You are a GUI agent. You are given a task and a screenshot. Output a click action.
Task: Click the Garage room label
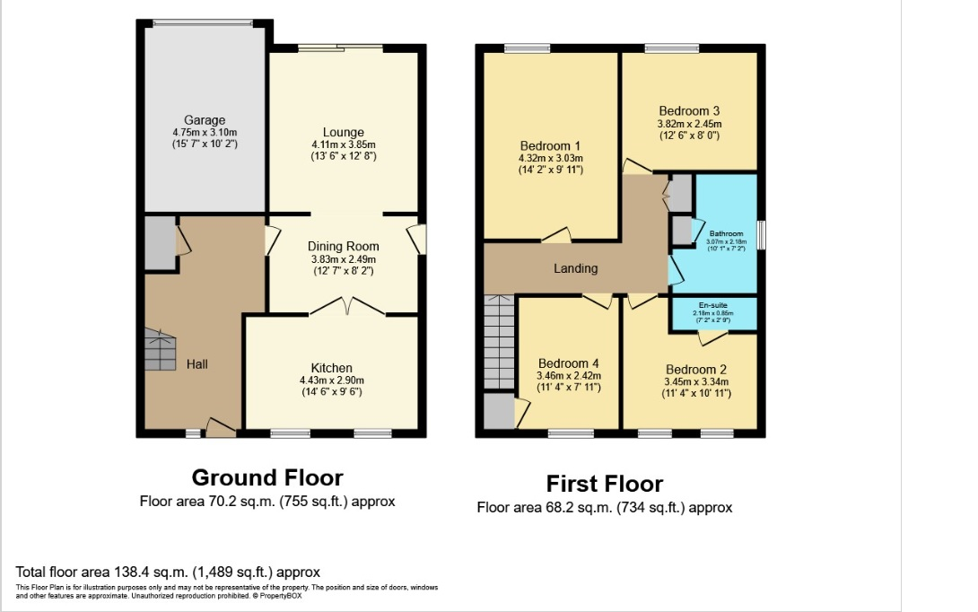[205, 120]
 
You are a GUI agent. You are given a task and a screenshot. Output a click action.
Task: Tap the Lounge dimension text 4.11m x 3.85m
[343, 144]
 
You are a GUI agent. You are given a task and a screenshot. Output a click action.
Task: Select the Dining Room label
[343, 246]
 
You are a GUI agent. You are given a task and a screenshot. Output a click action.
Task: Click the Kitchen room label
[331, 368]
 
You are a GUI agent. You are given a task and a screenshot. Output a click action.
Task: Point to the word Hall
[197, 364]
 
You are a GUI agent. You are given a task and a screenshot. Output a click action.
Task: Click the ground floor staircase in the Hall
[161, 350]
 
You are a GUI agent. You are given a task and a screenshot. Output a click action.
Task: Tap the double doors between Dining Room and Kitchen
[347, 308]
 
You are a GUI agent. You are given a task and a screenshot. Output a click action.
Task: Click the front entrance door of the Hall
[221, 428]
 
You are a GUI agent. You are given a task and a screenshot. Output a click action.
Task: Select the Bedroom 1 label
[550, 146]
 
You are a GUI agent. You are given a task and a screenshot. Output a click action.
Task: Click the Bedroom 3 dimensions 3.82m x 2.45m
[689, 124]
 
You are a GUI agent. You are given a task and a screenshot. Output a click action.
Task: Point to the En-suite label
[713, 305]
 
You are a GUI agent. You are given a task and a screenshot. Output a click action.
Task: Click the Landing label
[575, 268]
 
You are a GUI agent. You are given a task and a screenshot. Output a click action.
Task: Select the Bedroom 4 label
[568, 364]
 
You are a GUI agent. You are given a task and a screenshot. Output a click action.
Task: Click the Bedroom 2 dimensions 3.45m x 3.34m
[696, 381]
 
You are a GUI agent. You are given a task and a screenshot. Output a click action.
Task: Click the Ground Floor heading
[266, 477]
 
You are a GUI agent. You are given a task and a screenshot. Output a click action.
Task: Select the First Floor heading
[604, 485]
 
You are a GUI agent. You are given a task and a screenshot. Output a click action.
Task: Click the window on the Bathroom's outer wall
[761, 235]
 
